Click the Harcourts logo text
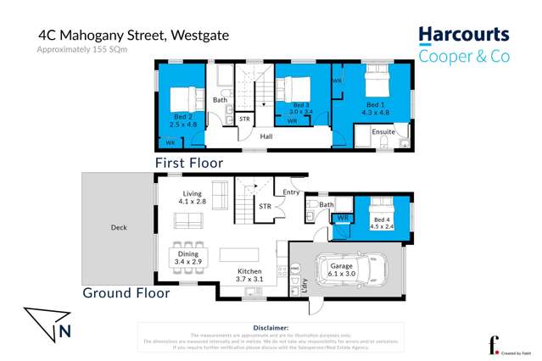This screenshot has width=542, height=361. click(464, 36)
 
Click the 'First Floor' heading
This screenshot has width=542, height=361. click(188, 162)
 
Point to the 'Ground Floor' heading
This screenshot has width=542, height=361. click(126, 293)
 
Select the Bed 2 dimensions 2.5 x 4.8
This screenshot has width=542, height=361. click(182, 125)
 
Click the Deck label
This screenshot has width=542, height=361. click(119, 227)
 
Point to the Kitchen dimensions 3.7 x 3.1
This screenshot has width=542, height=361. click(249, 279)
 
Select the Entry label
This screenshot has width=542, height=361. click(292, 192)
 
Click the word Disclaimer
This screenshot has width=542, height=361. click(271, 327)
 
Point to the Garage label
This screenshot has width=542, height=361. click(341, 266)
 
